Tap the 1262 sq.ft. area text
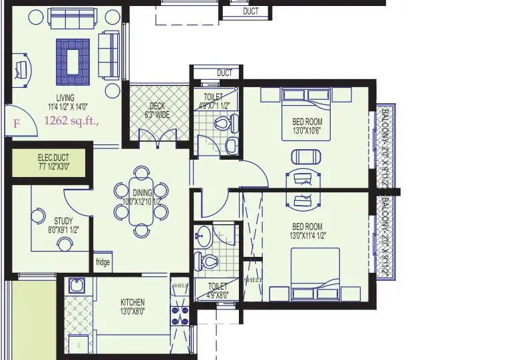pos(71,121)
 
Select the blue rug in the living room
pos(73,61)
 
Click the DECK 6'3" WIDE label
pos(157,110)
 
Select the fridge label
pos(102,262)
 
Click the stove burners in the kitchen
pos(180,313)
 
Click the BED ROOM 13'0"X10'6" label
pos(307,126)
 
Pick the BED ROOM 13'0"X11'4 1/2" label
pos(307,230)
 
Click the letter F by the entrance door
pos(17,124)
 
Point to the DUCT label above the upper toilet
pos(225,73)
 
